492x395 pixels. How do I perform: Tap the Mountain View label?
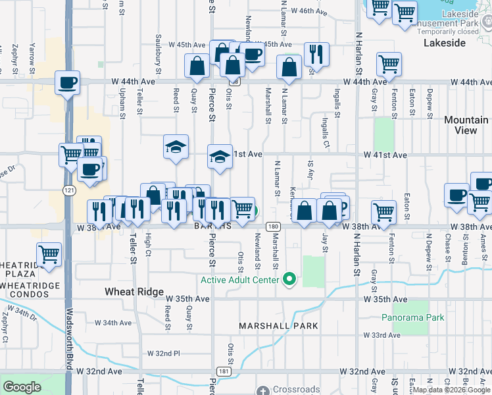pos(466,125)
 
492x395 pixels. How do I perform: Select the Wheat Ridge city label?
pos(134,291)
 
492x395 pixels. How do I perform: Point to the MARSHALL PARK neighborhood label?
pos(278,326)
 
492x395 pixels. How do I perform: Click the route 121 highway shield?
pos(70,190)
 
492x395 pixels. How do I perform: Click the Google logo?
pos(22,387)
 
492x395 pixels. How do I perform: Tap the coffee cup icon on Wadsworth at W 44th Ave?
pos(67,83)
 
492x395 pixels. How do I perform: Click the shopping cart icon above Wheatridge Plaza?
pos(49,253)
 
